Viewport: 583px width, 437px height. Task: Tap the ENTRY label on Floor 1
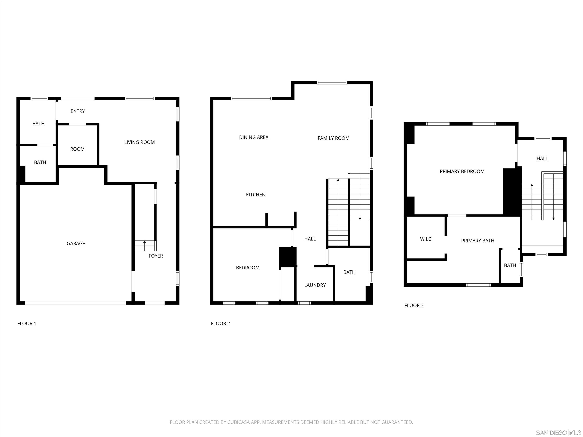(78, 111)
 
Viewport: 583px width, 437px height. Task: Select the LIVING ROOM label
(139, 142)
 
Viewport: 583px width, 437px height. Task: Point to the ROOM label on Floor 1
(77, 149)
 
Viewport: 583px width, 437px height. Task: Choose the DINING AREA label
(254, 137)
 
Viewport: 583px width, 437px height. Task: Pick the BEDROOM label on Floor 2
(248, 268)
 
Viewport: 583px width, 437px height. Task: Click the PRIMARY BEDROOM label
(462, 171)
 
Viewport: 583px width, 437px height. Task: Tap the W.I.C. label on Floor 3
(426, 239)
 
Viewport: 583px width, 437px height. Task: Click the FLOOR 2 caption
(220, 323)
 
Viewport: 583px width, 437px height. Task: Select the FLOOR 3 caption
(414, 305)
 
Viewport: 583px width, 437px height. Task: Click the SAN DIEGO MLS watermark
(558, 433)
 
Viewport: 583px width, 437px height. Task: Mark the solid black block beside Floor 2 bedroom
(288, 257)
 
